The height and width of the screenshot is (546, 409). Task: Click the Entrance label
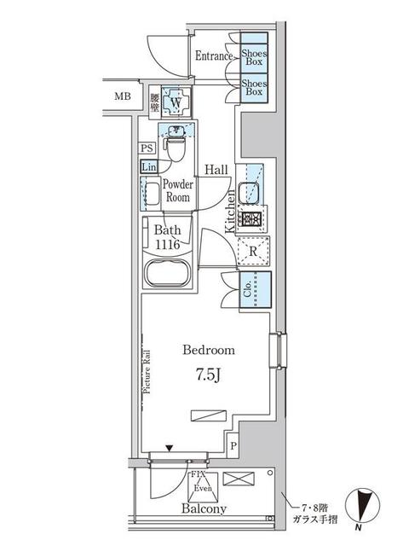pos(214,56)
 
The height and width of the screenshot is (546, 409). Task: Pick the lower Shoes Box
pos(253,89)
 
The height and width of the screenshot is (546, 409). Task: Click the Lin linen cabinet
pos(148,166)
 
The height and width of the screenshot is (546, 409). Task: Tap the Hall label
pos(216,170)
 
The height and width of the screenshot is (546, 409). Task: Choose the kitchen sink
pos(251,192)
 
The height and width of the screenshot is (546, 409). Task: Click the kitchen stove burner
pos(251,219)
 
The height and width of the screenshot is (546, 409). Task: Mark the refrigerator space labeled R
pos(253,251)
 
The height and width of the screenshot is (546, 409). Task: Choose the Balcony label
pos(204,509)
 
